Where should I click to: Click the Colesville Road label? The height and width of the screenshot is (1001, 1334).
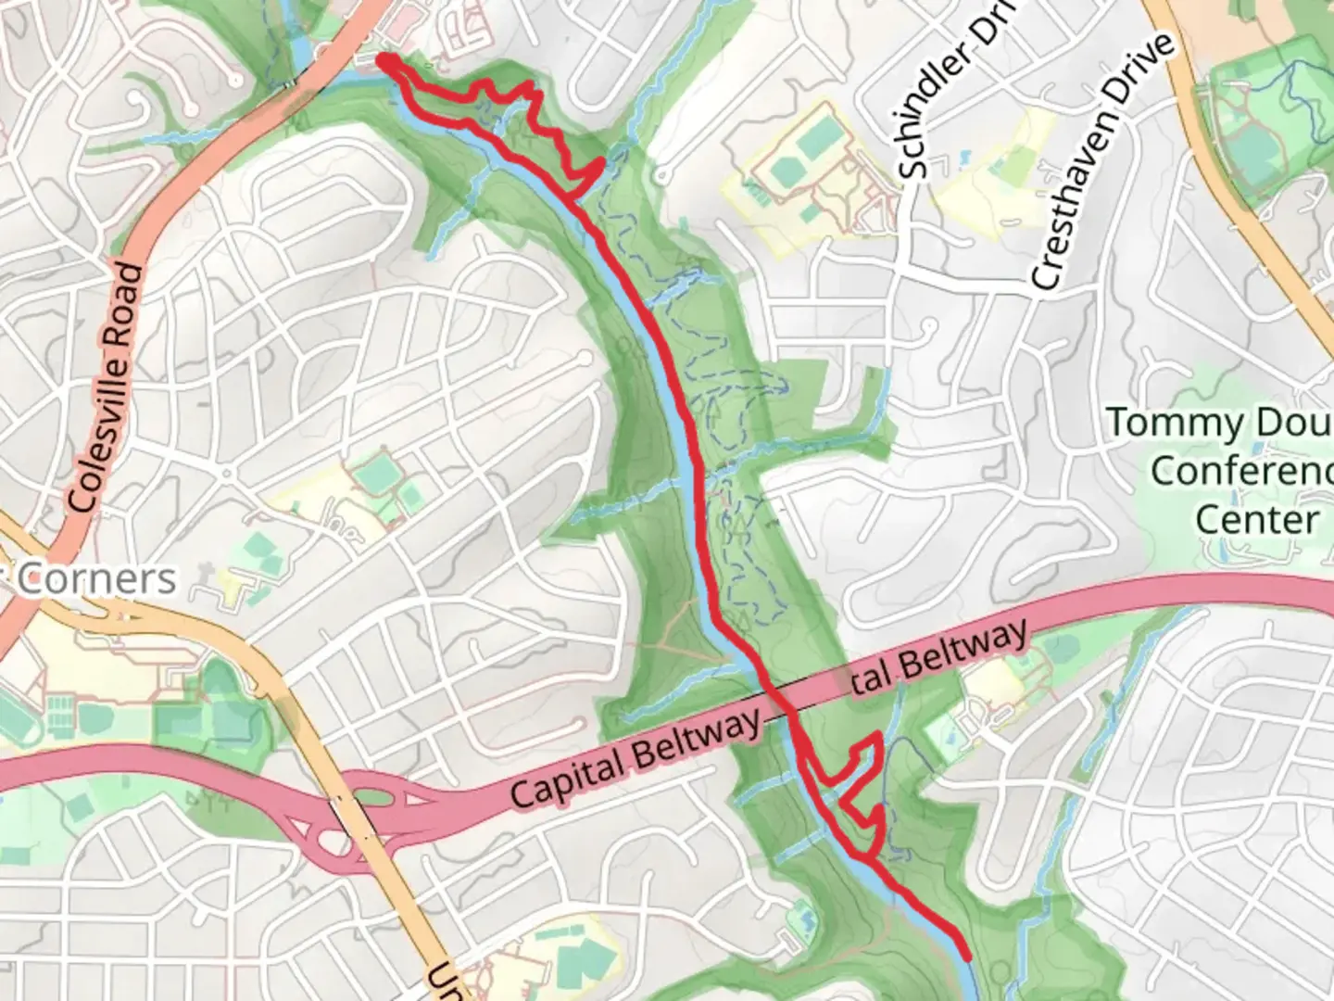tap(108, 387)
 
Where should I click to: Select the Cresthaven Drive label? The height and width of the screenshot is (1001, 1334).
tap(1101, 162)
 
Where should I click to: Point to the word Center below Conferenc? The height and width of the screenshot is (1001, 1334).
tap(1256, 519)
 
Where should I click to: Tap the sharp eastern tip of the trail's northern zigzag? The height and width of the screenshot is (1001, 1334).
tap(604, 163)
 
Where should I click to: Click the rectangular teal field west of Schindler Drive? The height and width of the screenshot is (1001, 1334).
tap(815, 139)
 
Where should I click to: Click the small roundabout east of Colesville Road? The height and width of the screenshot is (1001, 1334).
tap(227, 474)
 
